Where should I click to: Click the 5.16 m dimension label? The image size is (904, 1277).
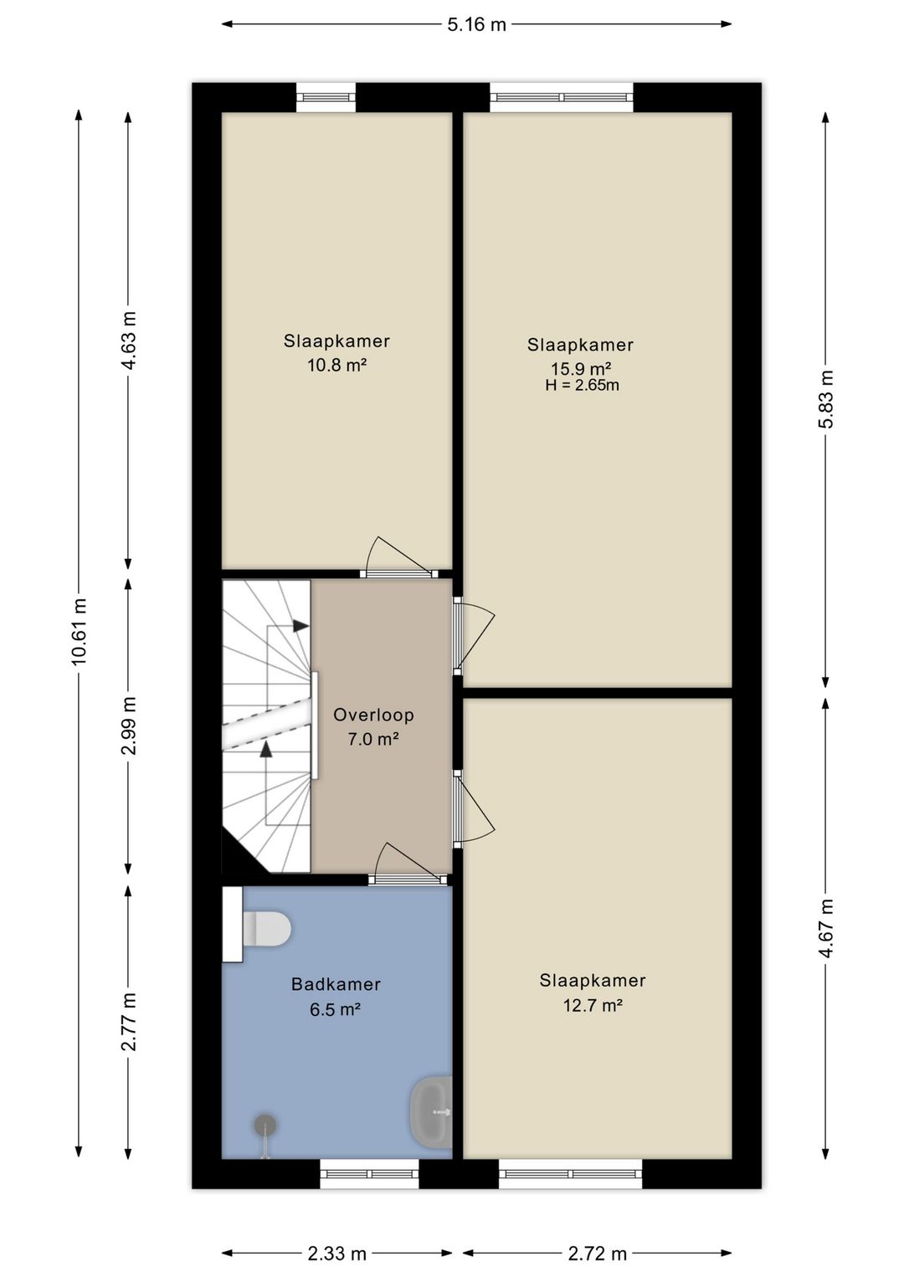[x=476, y=24]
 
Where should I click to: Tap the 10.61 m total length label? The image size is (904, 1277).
[x=79, y=632]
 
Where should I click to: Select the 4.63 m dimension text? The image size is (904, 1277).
[x=129, y=341]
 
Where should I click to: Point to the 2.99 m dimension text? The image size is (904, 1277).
[x=129, y=726]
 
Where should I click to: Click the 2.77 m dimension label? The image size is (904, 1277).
[x=129, y=1022]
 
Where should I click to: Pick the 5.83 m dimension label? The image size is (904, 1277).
[x=826, y=399]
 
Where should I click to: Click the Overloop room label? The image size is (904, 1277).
[x=373, y=715]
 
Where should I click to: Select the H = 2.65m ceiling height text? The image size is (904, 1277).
[x=582, y=386]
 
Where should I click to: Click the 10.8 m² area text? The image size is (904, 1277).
[x=336, y=365]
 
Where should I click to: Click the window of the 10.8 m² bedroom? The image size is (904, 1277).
[x=326, y=97]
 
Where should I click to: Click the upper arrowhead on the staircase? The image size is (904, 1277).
[x=300, y=626]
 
